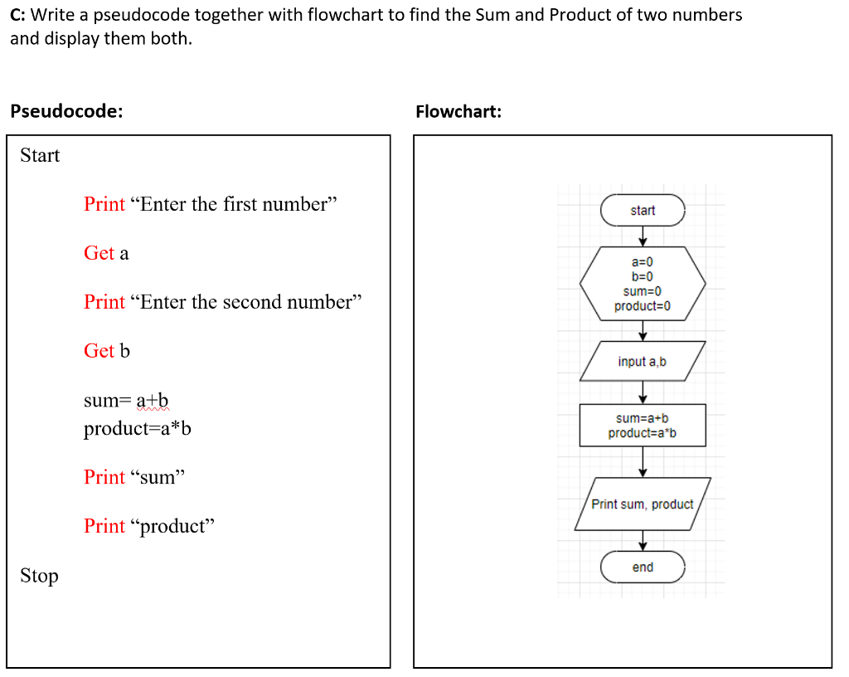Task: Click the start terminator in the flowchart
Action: click(x=643, y=211)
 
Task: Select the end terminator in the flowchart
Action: click(x=643, y=567)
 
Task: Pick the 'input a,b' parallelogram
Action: click(x=643, y=362)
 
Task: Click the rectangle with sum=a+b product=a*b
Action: click(x=643, y=426)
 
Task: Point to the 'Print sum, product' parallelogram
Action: click(x=643, y=504)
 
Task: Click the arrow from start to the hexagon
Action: click(x=643, y=236)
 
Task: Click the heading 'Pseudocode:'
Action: click(x=66, y=112)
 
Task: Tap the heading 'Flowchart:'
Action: click(x=458, y=112)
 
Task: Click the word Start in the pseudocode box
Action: click(x=40, y=155)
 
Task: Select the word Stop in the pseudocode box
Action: click(x=39, y=576)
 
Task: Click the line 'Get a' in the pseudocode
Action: click(x=106, y=253)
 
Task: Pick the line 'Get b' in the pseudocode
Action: click(x=107, y=351)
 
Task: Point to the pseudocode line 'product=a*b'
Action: click(x=138, y=430)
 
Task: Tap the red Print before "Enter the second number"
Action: click(x=104, y=302)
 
